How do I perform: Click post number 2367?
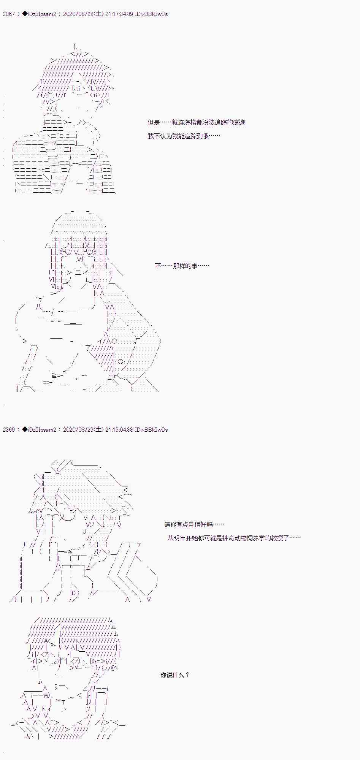8,14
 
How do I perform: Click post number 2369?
8,430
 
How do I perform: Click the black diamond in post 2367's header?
25,14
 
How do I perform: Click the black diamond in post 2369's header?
25,430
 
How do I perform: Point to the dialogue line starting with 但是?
196,122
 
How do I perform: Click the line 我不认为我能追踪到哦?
184,136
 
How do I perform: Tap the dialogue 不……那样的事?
182,266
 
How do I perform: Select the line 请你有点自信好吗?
194,524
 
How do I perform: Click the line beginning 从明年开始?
234,538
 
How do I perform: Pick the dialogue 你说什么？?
174,675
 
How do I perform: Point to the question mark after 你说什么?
187,675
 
